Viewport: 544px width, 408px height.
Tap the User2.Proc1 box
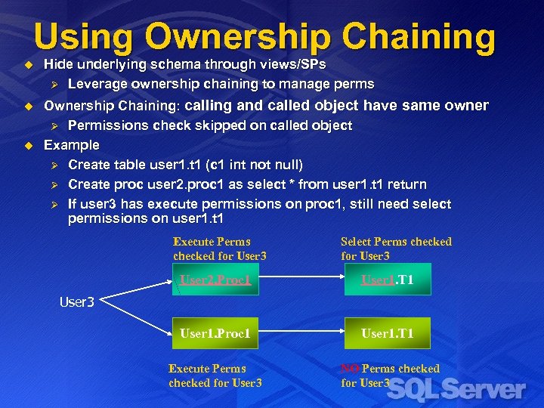pos(215,280)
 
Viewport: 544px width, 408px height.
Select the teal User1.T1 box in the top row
pos(387,280)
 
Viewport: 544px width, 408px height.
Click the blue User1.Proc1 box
pos(215,333)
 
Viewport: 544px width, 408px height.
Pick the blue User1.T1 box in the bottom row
pos(387,333)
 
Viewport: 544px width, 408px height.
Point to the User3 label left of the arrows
pos(77,302)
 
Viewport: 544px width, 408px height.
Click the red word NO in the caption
pos(350,369)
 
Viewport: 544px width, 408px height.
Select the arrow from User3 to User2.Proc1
pos(136,292)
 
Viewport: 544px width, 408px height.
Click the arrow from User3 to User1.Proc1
pos(136,317)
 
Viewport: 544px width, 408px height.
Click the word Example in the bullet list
pos(72,144)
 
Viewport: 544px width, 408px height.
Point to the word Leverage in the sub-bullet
pos(96,84)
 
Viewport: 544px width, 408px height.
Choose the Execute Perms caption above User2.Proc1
pos(219,249)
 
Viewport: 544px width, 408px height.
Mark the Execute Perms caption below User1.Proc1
pos(215,376)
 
